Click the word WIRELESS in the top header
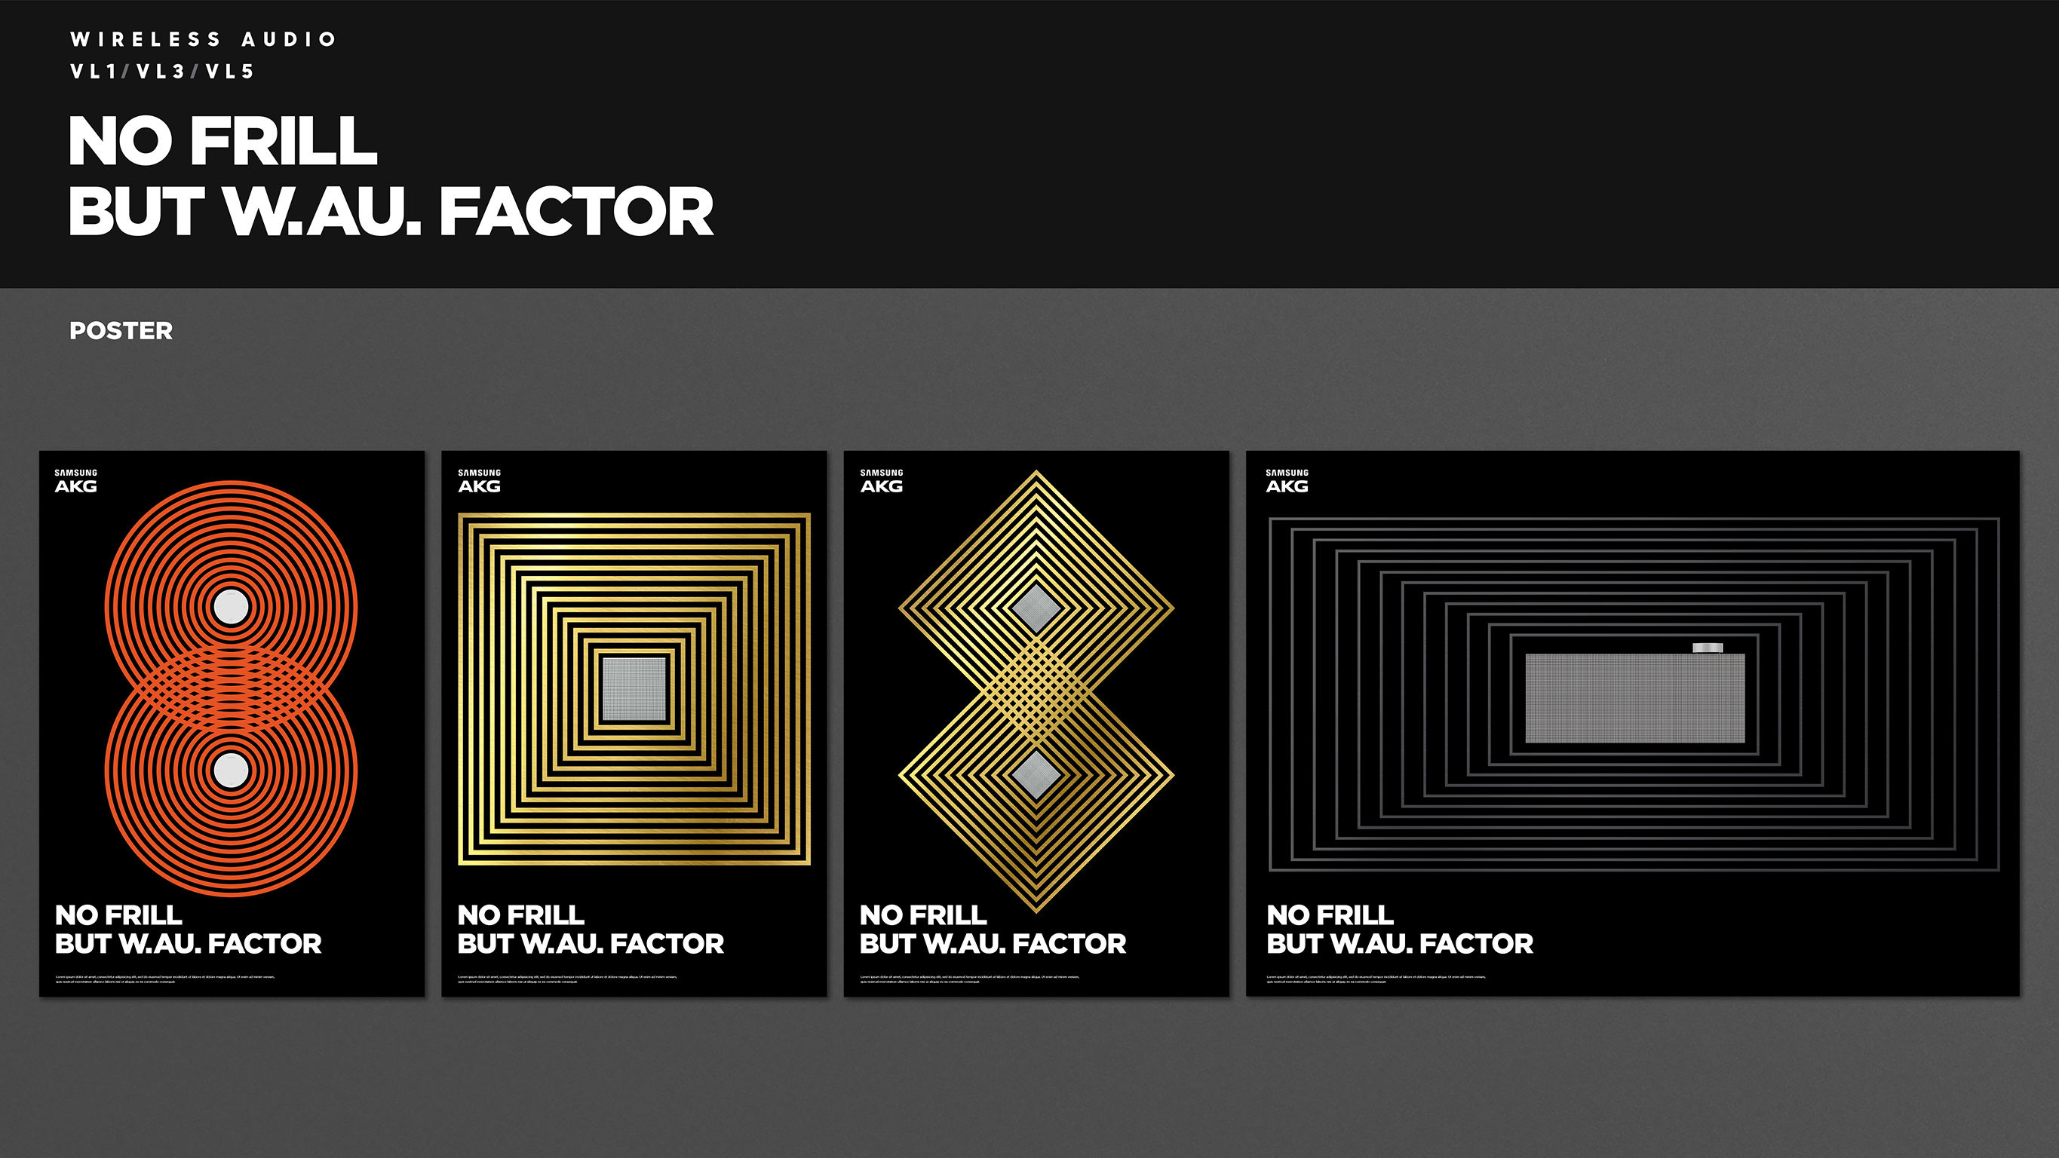coord(146,39)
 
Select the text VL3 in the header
coord(161,72)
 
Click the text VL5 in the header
coord(230,72)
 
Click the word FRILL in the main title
coord(283,142)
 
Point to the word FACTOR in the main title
coord(575,212)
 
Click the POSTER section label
coord(121,331)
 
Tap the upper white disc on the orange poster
coord(231,607)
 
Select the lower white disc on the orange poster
coord(231,770)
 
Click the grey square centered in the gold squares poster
coord(634,689)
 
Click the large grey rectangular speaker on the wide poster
coord(1634,697)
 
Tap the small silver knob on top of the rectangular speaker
coord(1708,648)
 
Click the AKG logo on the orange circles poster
coord(76,486)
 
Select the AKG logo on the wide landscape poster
coord(1287,486)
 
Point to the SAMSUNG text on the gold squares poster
coord(479,472)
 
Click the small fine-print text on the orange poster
coord(164,979)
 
